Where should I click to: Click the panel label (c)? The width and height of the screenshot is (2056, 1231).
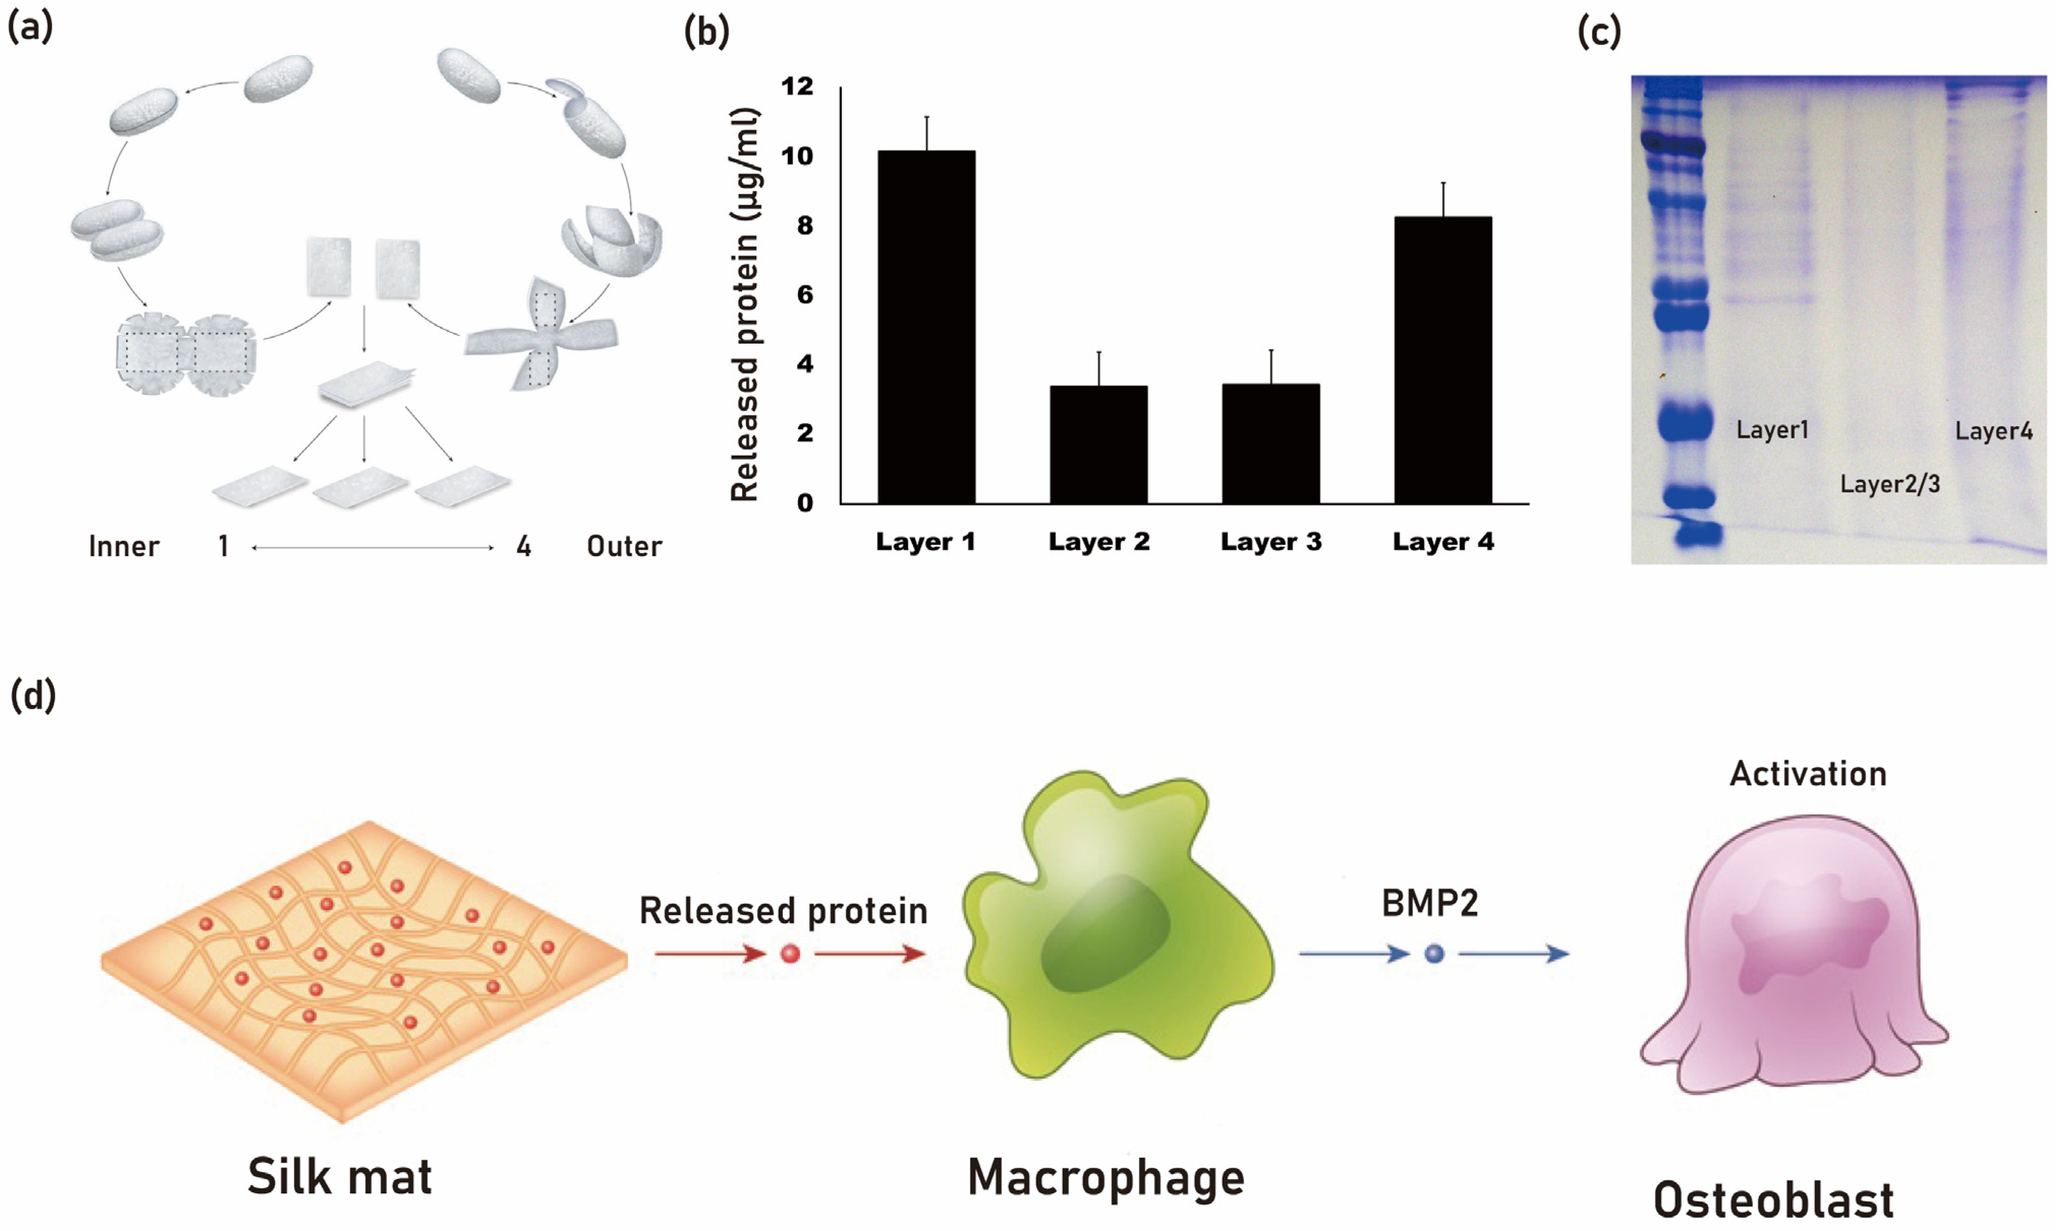click(1599, 33)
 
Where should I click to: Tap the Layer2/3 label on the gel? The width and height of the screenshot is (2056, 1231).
click(1890, 484)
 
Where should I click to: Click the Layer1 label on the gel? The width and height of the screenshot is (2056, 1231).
click(1772, 430)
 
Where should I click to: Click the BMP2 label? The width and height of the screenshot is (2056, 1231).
click(1430, 903)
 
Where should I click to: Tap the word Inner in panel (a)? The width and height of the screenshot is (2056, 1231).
click(124, 547)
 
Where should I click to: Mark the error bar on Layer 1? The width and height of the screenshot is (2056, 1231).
click(927, 133)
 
